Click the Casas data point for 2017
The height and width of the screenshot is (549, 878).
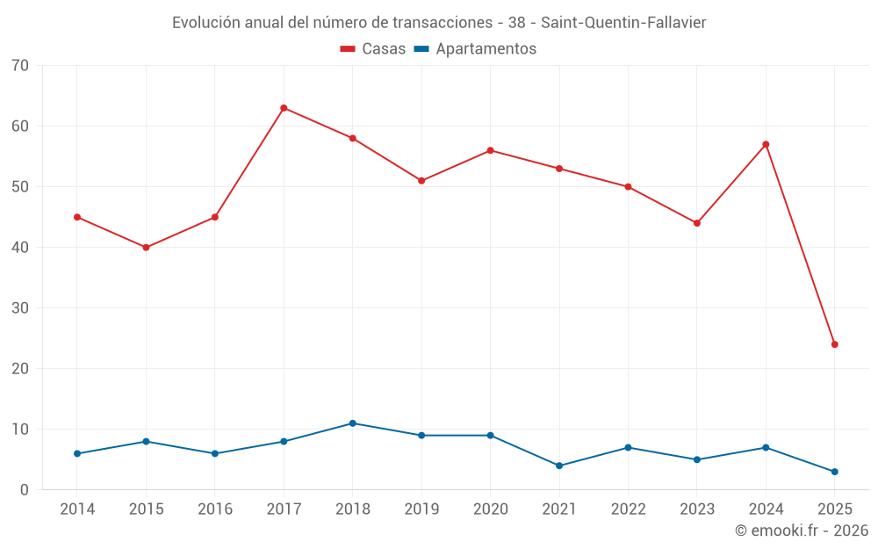click(x=284, y=108)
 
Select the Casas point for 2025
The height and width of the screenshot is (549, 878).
click(x=834, y=344)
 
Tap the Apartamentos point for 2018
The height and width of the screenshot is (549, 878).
click(x=352, y=423)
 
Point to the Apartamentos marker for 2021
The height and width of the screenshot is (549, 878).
click(x=559, y=466)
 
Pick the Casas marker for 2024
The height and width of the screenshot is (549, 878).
click(x=766, y=144)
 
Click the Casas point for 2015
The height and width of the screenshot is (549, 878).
click(x=146, y=248)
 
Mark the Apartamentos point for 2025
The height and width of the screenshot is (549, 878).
click(x=834, y=472)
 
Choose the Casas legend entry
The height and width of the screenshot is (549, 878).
click(x=373, y=49)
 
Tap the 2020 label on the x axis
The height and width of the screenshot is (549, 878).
click(x=490, y=509)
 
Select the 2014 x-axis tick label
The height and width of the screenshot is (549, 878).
click(x=77, y=509)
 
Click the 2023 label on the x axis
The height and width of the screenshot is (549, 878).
click(x=697, y=509)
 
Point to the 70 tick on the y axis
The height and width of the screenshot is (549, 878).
click(x=20, y=66)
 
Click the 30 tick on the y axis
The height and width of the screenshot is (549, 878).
click(x=20, y=308)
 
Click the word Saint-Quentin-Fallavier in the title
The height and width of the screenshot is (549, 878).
click(x=625, y=23)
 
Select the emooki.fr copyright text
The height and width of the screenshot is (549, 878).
click(x=802, y=531)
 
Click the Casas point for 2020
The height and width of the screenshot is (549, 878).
click(x=490, y=150)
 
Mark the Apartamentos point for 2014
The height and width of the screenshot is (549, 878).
click(x=77, y=453)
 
